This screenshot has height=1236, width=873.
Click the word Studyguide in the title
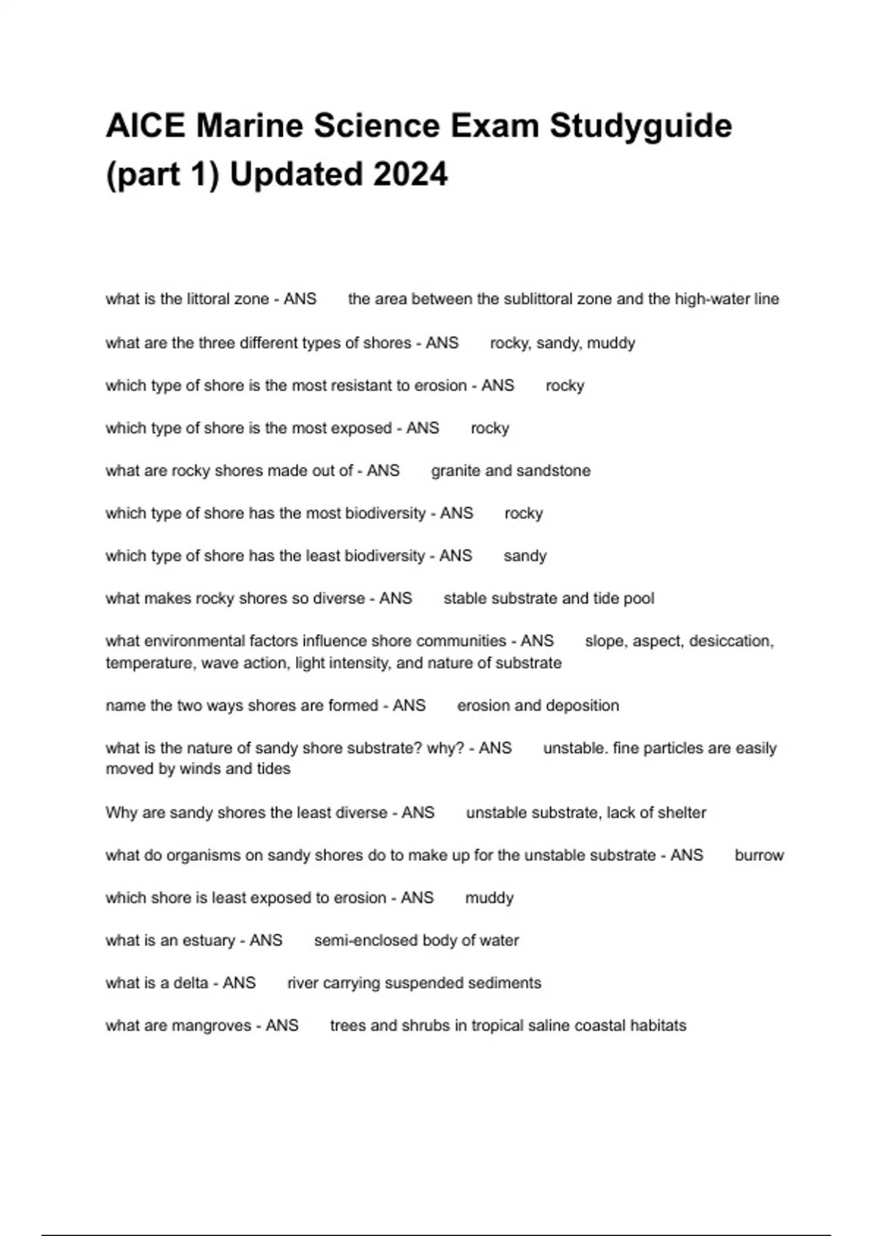(x=640, y=126)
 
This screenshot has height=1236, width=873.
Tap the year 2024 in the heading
(x=410, y=174)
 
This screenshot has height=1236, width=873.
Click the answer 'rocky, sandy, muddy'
(x=562, y=342)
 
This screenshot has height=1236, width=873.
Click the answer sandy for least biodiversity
(x=525, y=556)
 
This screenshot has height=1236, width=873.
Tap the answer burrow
(x=759, y=855)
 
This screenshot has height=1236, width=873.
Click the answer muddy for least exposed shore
(x=489, y=898)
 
